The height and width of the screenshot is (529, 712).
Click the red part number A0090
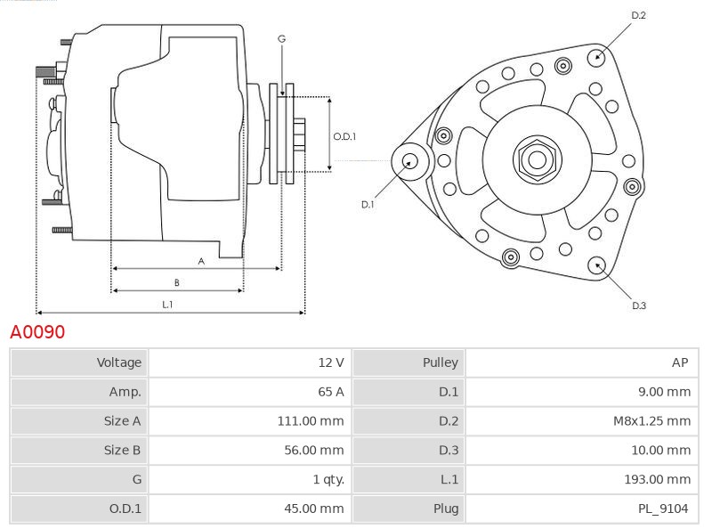pyautogui.click(x=37, y=332)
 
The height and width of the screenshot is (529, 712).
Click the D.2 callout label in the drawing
pyautogui.click(x=638, y=15)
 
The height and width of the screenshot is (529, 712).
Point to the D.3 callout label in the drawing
pyautogui.click(x=638, y=305)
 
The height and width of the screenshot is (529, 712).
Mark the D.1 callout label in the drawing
pyautogui.click(x=368, y=205)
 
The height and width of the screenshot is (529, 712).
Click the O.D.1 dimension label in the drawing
pyautogui.click(x=344, y=136)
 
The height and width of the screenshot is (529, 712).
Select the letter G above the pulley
pyautogui.click(x=281, y=38)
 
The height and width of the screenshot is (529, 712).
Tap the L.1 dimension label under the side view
pyautogui.click(x=167, y=305)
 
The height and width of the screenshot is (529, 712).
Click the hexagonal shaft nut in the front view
pyautogui.click(x=537, y=159)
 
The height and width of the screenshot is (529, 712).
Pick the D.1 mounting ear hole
pyautogui.click(x=410, y=161)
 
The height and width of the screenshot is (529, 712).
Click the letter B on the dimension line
pyautogui.click(x=176, y=282)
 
